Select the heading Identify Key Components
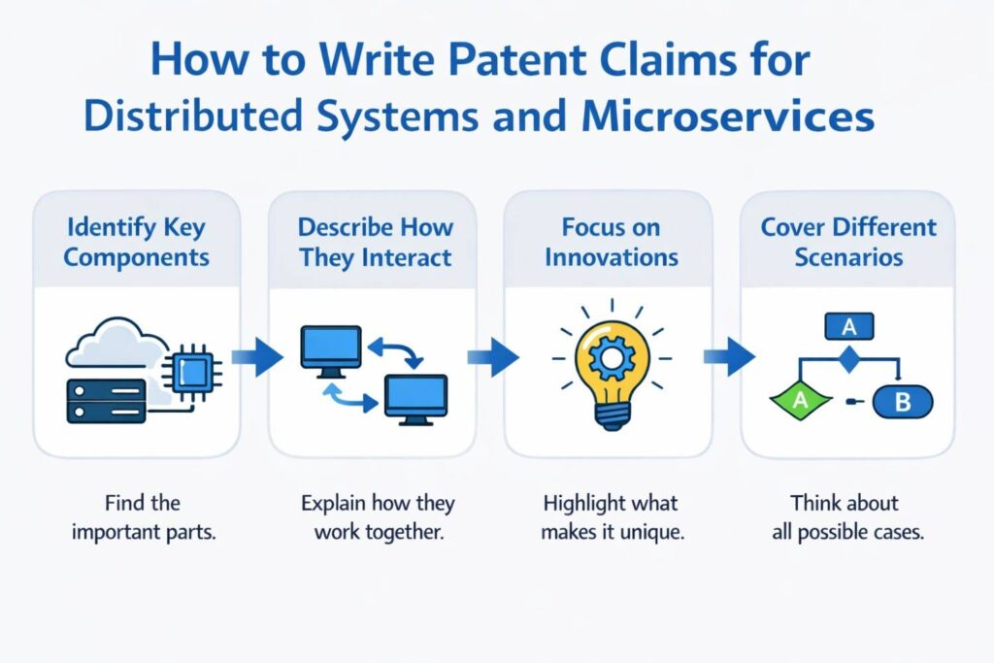136,243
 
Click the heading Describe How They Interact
375,243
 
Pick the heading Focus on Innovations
611,243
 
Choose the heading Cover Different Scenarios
847,243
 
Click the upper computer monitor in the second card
331,348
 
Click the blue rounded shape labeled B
902,401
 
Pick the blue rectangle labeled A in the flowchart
848,327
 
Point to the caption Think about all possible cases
845,517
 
